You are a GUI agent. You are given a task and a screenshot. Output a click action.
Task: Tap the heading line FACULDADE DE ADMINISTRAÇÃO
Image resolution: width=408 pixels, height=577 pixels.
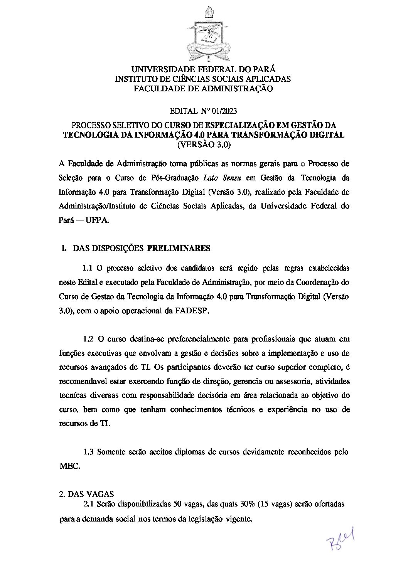pos(203,89)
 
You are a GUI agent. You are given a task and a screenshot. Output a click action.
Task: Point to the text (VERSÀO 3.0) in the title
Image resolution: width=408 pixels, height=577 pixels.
pos(203,145)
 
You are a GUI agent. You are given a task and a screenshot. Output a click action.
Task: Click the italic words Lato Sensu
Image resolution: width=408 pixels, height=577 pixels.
pos(219,178)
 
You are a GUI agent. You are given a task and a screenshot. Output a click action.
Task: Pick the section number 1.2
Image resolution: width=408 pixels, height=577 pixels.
pos(88,339)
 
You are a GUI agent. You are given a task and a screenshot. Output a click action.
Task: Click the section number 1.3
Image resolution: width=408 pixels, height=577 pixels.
pos(88,452)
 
